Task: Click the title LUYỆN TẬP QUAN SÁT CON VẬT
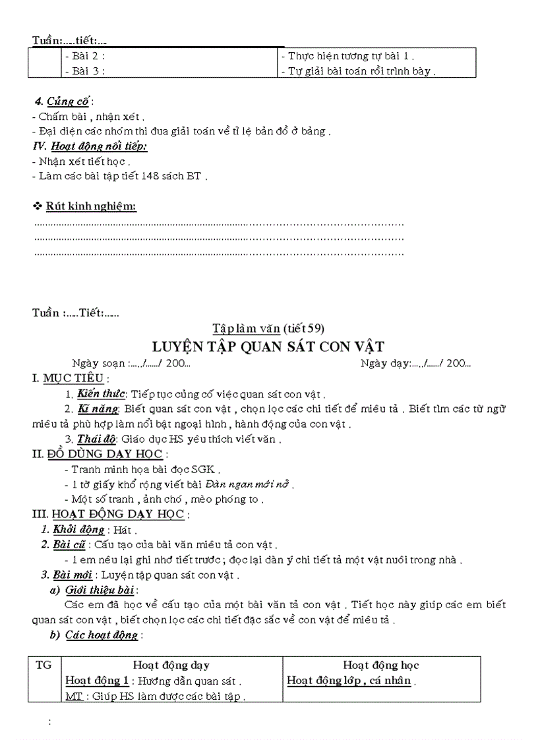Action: coord(268,346)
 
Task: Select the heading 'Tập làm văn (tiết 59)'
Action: coord(268,328)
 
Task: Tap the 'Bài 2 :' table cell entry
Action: coord(86,57)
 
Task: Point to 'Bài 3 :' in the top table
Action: coord(86,71)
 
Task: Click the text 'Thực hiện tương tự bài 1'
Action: coord(348,57)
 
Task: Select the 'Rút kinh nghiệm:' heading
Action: coord(91,207)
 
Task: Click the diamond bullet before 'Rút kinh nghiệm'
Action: coord(38,207)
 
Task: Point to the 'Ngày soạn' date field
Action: coord(131,363)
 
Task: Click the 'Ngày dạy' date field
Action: coord(415,363)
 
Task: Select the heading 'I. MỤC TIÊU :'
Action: coord(71,379)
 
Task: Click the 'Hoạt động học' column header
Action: coord(381,666)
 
